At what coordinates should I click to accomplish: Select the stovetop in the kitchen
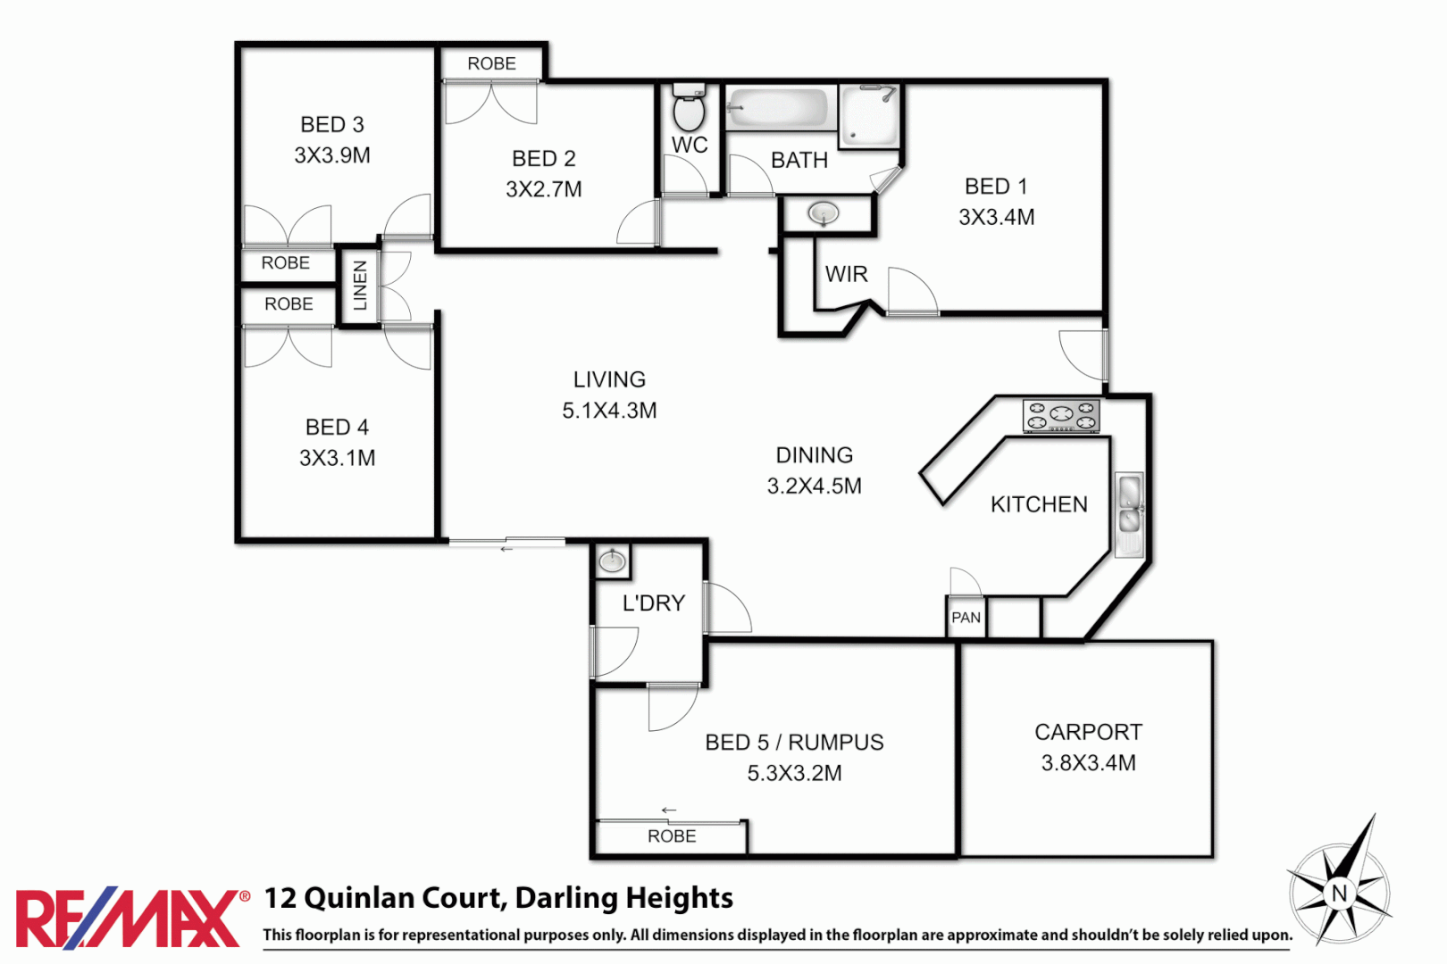1061,415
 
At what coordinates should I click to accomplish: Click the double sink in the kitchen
1130,514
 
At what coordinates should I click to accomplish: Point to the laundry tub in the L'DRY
612,561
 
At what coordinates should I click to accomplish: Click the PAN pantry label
966,618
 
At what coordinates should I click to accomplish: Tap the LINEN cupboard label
360,286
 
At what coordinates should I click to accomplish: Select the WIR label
846,274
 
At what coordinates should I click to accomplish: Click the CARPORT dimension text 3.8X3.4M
1088,763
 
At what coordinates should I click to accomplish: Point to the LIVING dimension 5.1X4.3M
609,411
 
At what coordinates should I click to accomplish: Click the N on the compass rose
1339,893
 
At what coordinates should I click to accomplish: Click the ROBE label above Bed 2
491,63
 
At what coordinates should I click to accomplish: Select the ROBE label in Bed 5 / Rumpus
672,836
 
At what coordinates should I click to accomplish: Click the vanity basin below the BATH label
823,214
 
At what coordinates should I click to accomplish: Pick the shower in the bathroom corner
869,116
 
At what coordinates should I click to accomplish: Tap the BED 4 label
337,428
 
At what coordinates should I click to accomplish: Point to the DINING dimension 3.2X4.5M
814,486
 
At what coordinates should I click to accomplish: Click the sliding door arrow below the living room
506,549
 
